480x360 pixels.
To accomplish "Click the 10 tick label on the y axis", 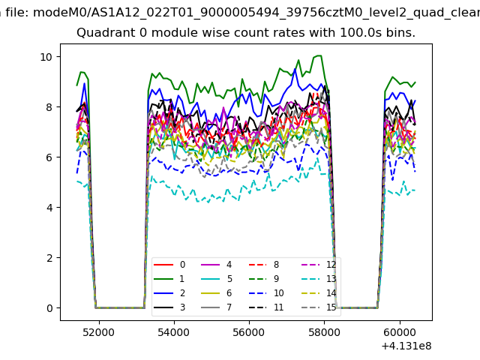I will click(x=46, y=57).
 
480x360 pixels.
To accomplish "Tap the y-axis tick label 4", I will click(x=49, y=208).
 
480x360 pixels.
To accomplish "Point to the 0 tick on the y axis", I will click(x=49, y=308).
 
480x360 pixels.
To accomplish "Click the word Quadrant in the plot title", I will click(x=103, y=33).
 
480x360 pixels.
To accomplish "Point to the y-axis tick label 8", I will click(x=49, y=107).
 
